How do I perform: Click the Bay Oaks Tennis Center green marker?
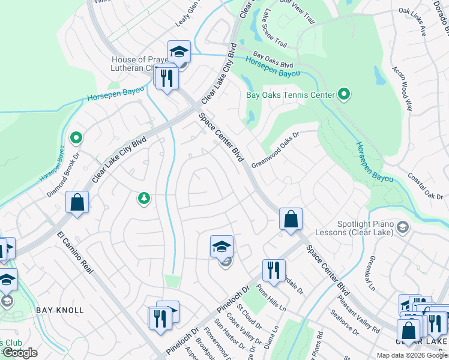click(343, 94)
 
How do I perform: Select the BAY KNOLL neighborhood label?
click(60, 310)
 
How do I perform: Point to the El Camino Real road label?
click(76, 253)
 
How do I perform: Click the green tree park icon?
click(143, 198)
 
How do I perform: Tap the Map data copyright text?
click(411, 355)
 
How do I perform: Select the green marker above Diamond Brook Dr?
click(76, 139)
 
